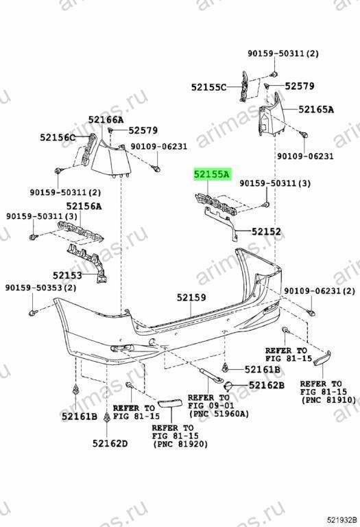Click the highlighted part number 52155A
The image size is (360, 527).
pyautogui.click(x=212, y=174)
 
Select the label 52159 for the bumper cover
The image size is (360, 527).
pyautogui.click(x=191, y=297)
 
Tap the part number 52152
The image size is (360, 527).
pyautogui.click(x=266, y=231)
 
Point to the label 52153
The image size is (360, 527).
pyautogui.click(x=67, y=276)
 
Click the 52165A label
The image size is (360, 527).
pyautogui.click(x=316, y=109)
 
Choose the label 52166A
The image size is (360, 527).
pyautogui.click(x=106, y=119)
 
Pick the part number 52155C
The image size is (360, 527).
pyautogui.click(x=209, y=87)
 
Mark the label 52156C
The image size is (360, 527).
pyautogui.click(x=58, y=137)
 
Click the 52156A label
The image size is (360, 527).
pyautogui.click(x=84, y=206)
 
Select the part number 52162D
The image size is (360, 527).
pyautogui.click(x=110, y=444)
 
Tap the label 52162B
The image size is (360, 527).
pyautogui.click(x=267, y=385)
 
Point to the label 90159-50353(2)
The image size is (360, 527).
pyautogui.click(x=40, y=288)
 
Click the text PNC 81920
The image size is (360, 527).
pyautogui.click(x=180, y=444)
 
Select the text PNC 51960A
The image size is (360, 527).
pyautogui.click(x=219, y=414)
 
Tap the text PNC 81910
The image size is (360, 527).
pyautogui.click(x=328, y=400)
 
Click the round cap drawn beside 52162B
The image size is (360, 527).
pyautogui.click(x=228, y=386)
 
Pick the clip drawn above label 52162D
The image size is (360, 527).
pyautogui.click(x=107, y=417)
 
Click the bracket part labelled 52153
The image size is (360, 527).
pyautogui.click(x=88, y=261)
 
